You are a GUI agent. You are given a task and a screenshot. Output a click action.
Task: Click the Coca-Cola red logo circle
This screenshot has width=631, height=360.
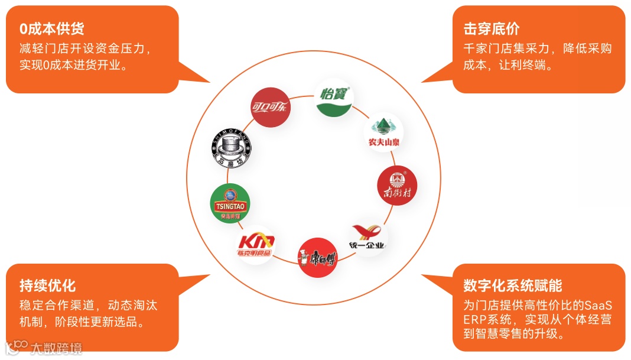click(271, 108)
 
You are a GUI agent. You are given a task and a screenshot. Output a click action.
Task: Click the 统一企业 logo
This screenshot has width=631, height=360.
click(367, 238)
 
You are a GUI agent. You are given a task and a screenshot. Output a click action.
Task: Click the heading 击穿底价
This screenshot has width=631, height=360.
click(492, 28)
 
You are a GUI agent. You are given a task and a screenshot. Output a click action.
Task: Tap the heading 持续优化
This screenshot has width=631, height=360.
click(48, 286)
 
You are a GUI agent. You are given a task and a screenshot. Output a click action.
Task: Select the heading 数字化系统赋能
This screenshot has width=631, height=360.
click(513, 286)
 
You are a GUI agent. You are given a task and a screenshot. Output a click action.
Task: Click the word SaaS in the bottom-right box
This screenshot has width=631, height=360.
click(598, 306)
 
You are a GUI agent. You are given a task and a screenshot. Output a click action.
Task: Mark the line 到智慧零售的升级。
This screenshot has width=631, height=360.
click(513, 334)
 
